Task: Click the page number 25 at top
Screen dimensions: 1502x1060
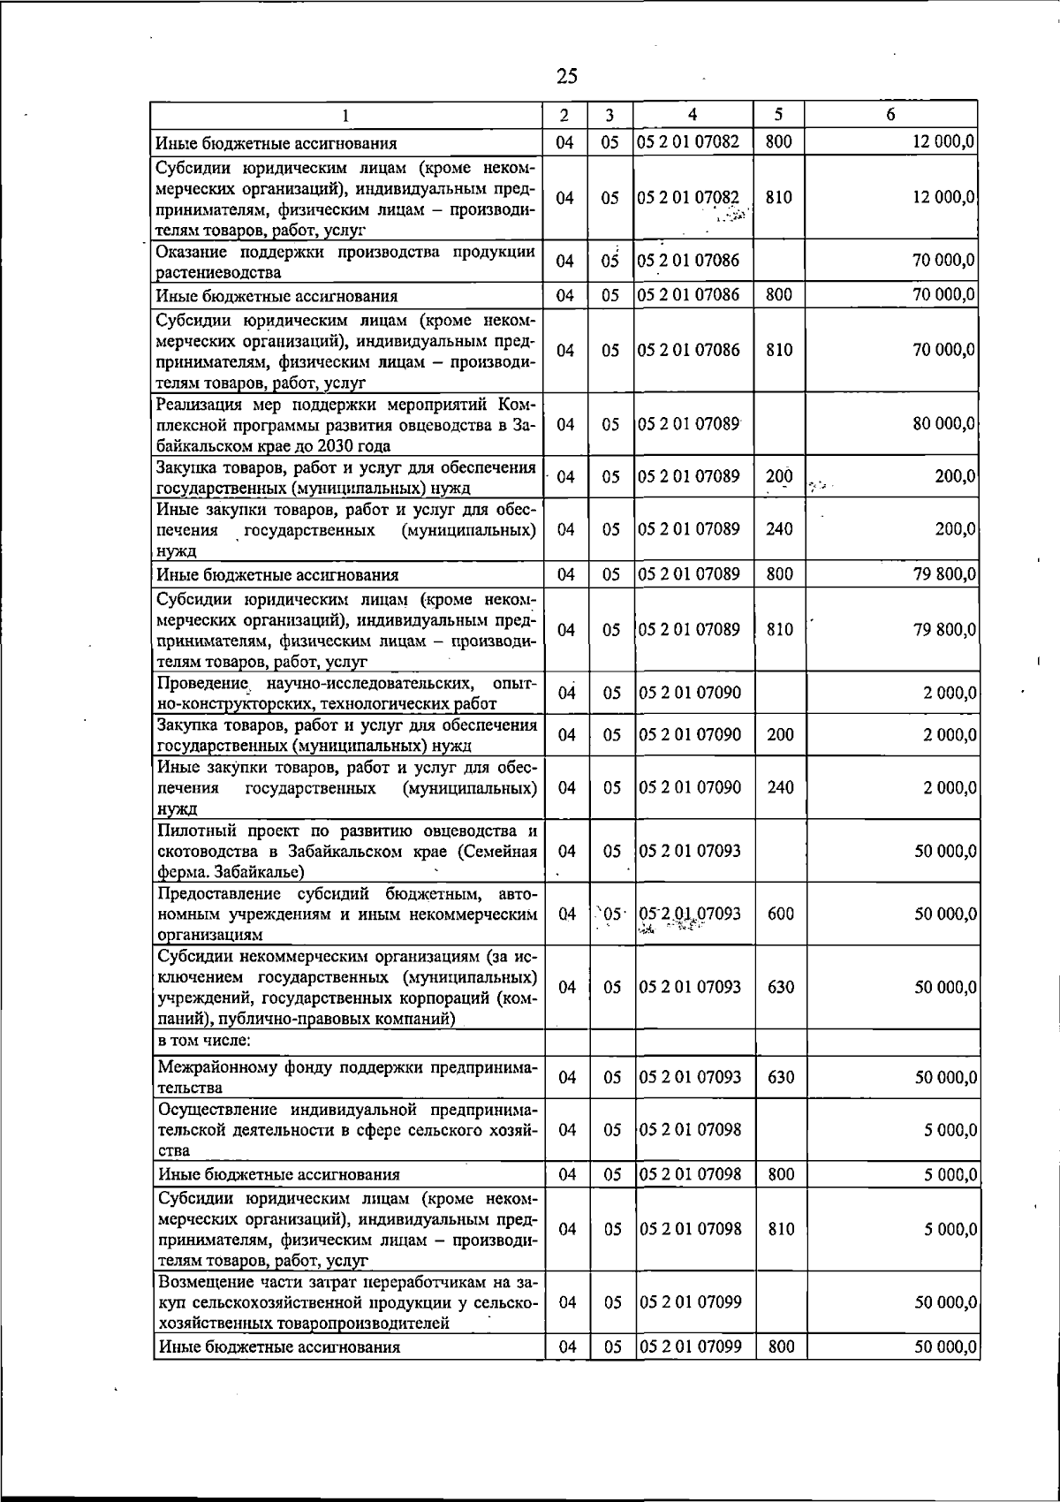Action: click(567, 76)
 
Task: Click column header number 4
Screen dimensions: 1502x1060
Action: click(693, 114)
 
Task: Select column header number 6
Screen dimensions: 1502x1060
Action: click(890, 114)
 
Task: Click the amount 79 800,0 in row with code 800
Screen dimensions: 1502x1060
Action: click(944, 574)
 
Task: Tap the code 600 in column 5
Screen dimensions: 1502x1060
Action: click(780, 914)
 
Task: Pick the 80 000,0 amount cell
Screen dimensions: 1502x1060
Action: click(944, 424)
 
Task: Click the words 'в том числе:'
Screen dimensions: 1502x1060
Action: click(193, 1040)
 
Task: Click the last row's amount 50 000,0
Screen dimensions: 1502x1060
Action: click(944, 1346)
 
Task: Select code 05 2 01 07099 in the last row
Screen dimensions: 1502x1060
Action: click(691, 1346)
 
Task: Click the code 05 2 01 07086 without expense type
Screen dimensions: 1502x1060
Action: click(689, 261)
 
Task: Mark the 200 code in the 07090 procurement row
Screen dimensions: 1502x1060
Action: click(780, 735)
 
